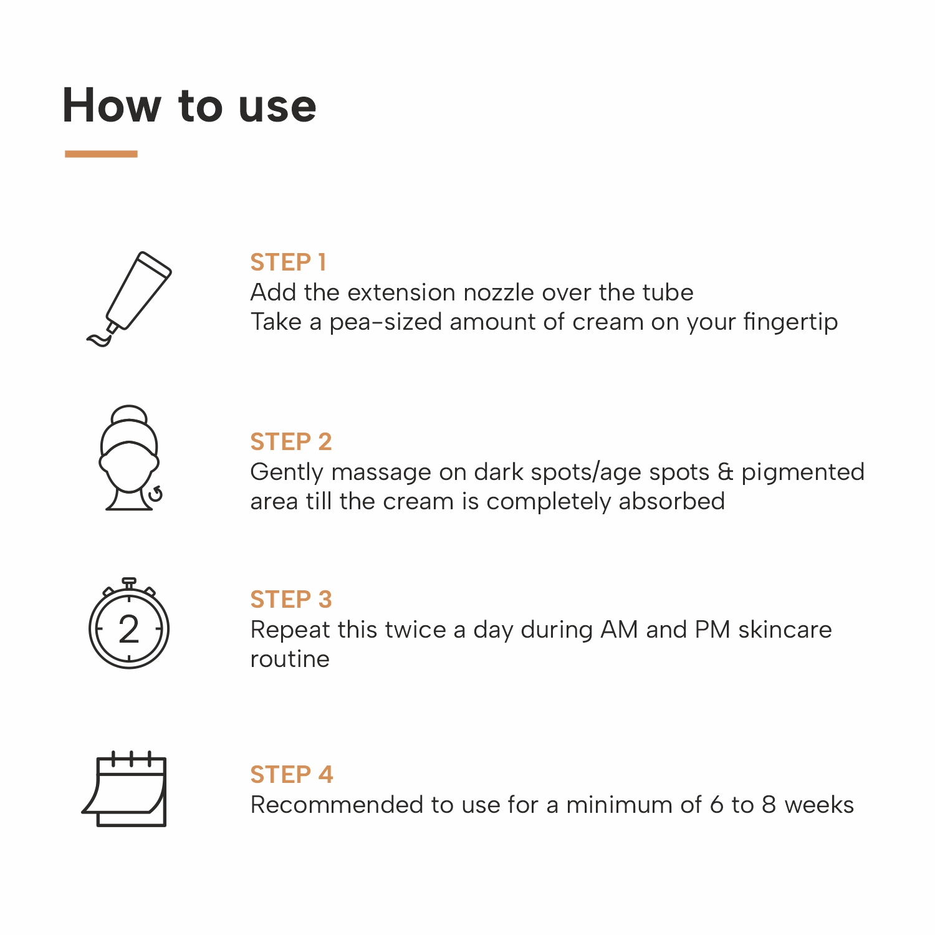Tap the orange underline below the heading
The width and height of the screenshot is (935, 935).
point(101,153)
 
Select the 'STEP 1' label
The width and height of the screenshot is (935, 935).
point(288,262)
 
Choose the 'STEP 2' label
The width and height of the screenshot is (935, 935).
point(291,441)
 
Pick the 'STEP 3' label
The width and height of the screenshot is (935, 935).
point(291,599)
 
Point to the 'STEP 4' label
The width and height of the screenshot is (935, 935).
point(292,774)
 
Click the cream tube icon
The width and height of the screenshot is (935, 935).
point(129,299)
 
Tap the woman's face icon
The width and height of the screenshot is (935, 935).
point(130,458)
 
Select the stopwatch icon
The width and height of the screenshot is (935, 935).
point(129,623)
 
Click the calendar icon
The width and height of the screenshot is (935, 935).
point(125,789)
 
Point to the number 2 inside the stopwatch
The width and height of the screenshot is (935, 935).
point(129,630)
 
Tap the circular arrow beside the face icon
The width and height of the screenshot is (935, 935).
point(155,494)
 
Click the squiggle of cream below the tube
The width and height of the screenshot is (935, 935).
point(100,340)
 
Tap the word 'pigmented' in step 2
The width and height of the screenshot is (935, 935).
point(803,472)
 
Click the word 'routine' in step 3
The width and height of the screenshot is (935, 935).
point(290,659)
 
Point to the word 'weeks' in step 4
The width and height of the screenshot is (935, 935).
point(819,805)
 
